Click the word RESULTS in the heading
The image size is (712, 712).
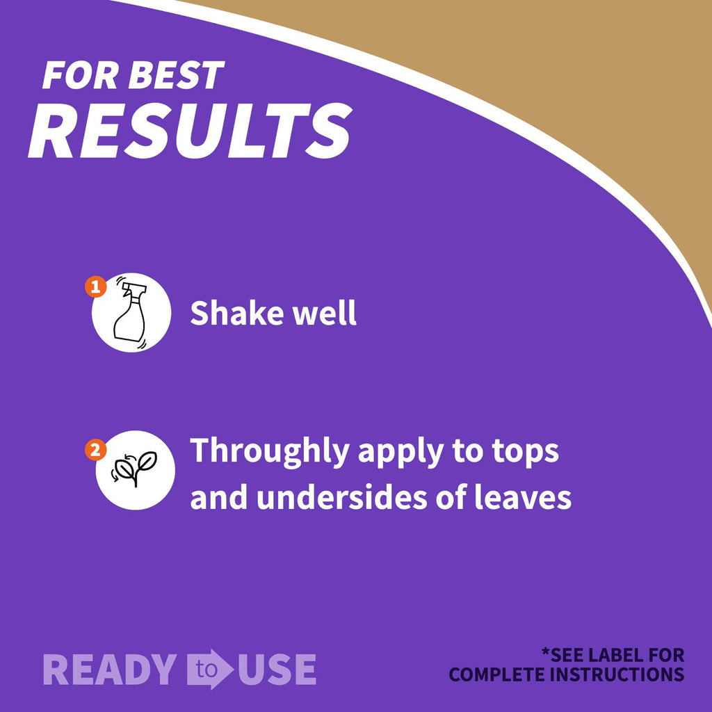click(190, 131)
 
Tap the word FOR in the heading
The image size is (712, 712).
click(81, 75)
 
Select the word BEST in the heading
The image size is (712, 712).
click(176, 75)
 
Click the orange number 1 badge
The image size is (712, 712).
click(96, 287)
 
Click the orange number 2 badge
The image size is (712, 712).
click(96, 450)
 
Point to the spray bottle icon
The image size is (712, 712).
click(130, 312)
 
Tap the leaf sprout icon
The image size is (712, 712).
click(134, 469)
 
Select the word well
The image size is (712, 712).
click(324, 313)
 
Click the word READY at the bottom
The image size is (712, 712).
click(110, 670)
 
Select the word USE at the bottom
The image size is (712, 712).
click(277, 670)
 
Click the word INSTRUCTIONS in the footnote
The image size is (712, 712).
click(617, 674)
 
